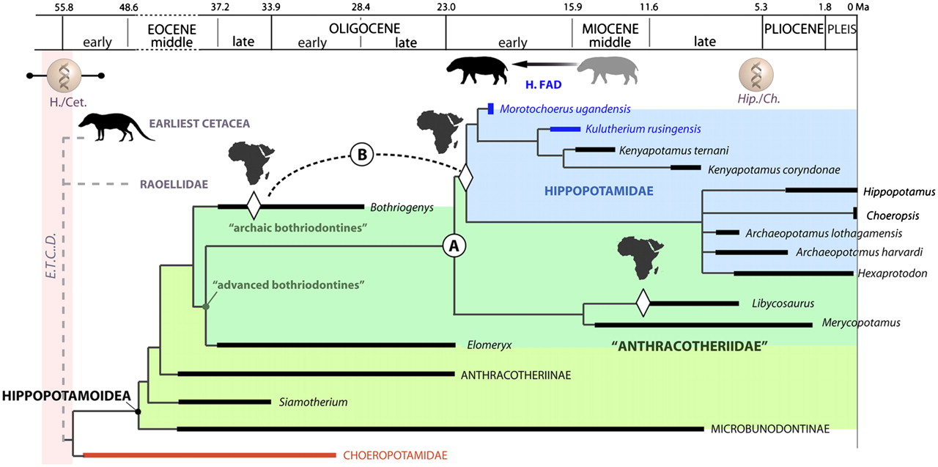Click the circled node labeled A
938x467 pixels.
click(x=454, y=247)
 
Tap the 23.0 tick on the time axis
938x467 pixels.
click(x=446, y=7)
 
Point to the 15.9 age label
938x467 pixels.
click(x=572, y=7)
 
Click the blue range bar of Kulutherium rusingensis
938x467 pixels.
click(x=565, y=129)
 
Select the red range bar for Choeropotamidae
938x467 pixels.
click(x=210, y=455)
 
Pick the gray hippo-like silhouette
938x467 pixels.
click(x=608, y=70)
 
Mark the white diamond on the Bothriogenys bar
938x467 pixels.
click(x=254, y=206)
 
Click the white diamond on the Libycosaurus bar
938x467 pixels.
click(x=643, y=303)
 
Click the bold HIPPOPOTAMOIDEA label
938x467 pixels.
click(x=66, y=396)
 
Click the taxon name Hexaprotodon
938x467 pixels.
click(x=892, y=273)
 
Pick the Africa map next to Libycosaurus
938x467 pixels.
click(x=635, y=257)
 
